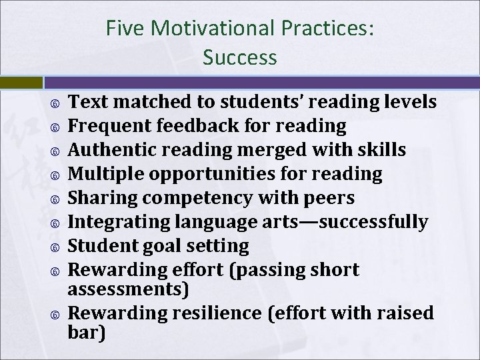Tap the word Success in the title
[240, 57]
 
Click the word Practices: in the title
[328, 28]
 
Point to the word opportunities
[207, 175]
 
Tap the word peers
[331, 199]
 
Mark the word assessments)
[129, 290]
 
